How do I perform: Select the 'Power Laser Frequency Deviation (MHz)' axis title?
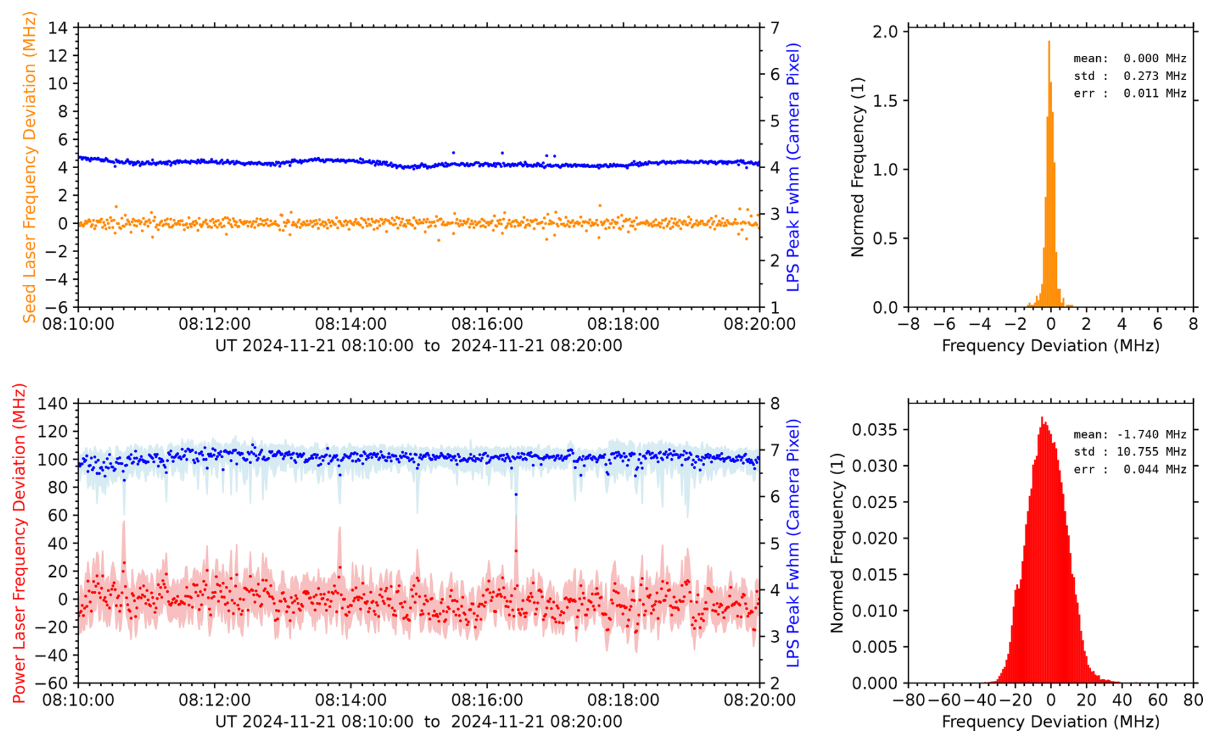click(x=19, y=543)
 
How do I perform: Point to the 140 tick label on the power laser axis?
click(x=53, y=404)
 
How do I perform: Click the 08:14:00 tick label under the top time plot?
click(x=351, y=324)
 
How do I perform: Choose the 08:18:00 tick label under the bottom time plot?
click(x=623, y=700)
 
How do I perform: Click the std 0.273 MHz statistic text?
click(x=1130, y=76)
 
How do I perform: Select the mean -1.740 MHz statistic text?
click(x=1130, y=434)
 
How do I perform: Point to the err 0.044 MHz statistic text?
click(x=1130, y=469)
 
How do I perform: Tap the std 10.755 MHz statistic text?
click(x=1130, y=452)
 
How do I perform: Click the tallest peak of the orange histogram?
click(x=1049, y=44)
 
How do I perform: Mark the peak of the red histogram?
click(x=1042, y=418)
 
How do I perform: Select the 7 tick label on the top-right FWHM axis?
click(x=776, y=28)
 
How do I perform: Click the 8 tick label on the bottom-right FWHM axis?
click(x=776, y=404)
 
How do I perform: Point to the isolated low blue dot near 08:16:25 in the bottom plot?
click(x=516, y=495)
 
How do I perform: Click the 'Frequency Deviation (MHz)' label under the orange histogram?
click(x=1051, y=346)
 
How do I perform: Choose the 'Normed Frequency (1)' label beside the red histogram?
click(x=837, y=543)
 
